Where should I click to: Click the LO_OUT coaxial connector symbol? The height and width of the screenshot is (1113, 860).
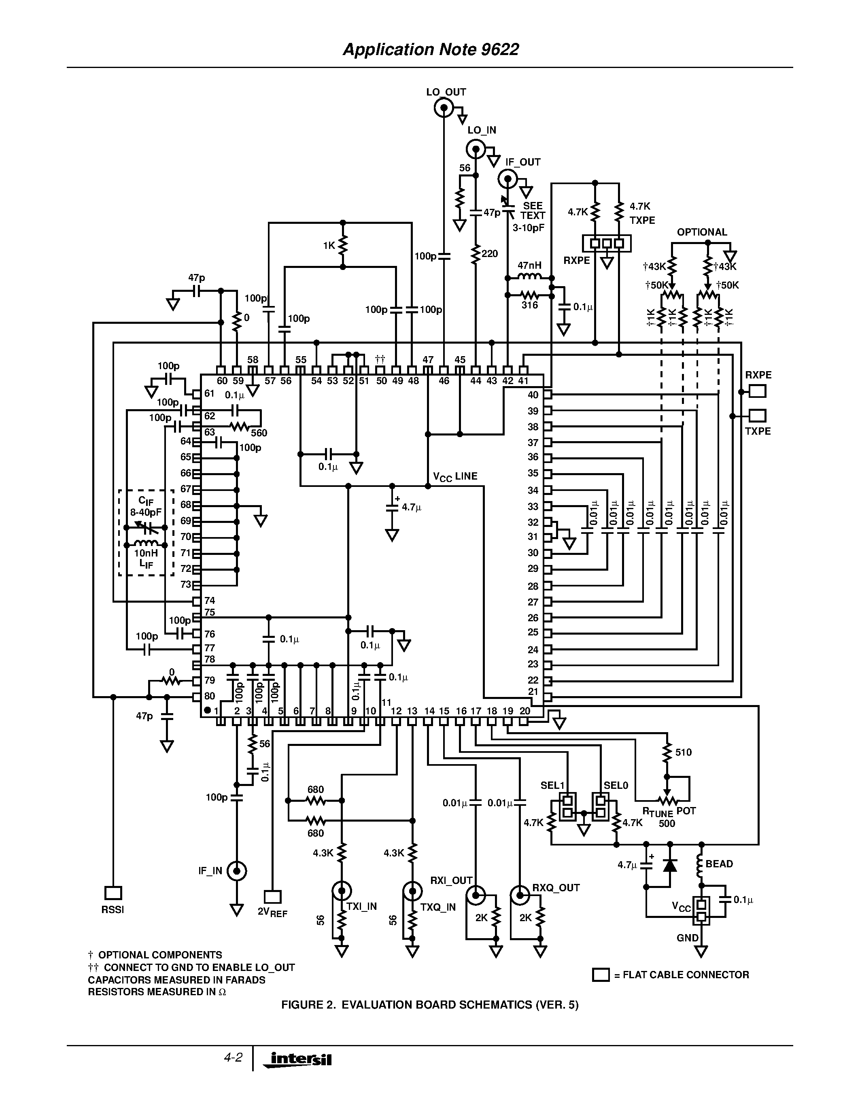pos(444,108)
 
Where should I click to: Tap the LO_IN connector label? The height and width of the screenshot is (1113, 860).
pos(482,130)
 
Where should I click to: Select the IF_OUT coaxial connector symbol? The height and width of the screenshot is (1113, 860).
pos(508,179)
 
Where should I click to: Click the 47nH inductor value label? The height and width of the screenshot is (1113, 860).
pos(529,266)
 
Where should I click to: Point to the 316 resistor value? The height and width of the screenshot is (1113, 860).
pos(529,305)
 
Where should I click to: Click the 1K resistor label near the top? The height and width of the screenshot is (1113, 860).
pos(329,245)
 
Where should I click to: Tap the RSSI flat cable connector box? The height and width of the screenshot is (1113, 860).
pos(113,893)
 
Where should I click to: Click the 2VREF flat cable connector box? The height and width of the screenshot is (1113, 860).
pos(273,896)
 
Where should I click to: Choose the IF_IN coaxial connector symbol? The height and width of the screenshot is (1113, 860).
pos(236,871)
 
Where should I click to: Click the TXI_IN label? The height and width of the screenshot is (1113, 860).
pos(361,907)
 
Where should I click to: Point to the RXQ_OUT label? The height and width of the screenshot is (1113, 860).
pos(556,888)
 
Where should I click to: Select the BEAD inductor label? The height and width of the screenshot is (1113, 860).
pos(719,864)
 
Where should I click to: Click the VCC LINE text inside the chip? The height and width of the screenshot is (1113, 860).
pos(455,476)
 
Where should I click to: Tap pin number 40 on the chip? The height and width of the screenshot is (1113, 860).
pos(533,395)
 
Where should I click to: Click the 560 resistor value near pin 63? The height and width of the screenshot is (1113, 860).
pos(259,433)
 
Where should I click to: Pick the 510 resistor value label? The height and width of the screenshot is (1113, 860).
pos(683,752)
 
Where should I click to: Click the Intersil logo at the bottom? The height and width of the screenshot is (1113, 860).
pos(299,1060)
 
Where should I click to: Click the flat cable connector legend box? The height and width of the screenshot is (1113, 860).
pos(601,975)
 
